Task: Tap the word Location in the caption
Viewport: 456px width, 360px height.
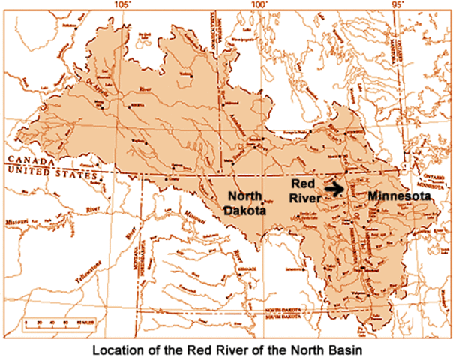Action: [118, 349]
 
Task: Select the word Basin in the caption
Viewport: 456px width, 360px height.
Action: [347, 349]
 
